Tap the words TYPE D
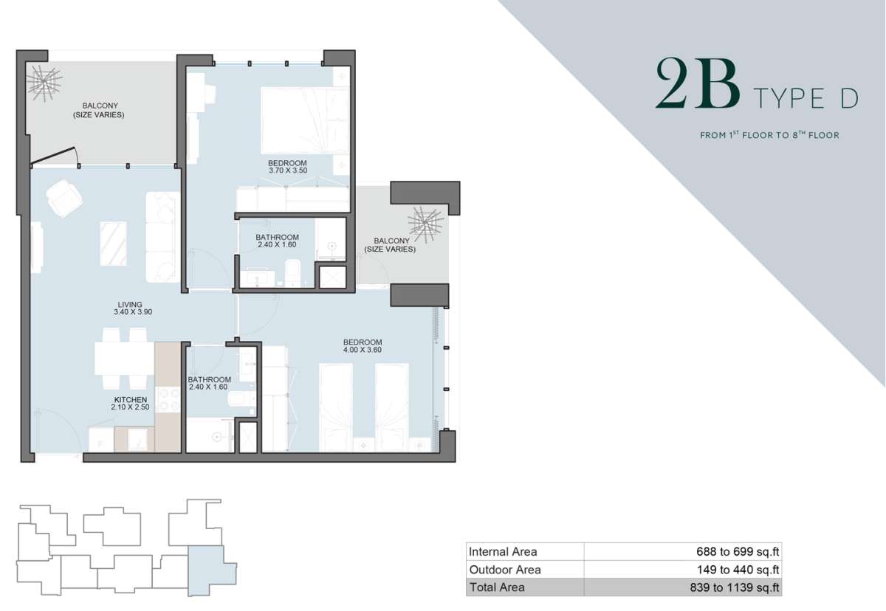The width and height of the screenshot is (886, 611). tap(806, 98)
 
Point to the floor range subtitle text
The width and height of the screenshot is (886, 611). tap(769, 135)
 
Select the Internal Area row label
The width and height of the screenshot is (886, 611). tap(503, 551)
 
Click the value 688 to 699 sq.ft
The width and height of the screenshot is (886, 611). tap(738, 552)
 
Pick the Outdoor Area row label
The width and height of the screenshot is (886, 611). tap(505, 570)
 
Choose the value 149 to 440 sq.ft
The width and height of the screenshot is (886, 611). tap(738, 570)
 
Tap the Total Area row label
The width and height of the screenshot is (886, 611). tap(497, 587)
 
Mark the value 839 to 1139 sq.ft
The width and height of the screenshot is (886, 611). tap(735, 587)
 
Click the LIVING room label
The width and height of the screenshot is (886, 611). tap(130, 304)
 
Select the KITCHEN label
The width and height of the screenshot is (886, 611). tap(131, 399)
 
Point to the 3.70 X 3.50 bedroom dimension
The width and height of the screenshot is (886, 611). tap(288, 170)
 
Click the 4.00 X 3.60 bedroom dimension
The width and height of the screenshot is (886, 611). tap(363, 350)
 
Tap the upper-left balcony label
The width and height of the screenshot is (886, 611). tap(99, 110)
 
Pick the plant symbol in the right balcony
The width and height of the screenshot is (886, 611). tap(425, 224)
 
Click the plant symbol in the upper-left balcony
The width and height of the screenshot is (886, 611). tap(44, 82)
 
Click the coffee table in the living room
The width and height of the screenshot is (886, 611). tap(113, 244)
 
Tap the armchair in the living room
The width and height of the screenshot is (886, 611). tap(63, 198)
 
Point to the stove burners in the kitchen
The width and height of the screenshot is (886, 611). tap(168, 399)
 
